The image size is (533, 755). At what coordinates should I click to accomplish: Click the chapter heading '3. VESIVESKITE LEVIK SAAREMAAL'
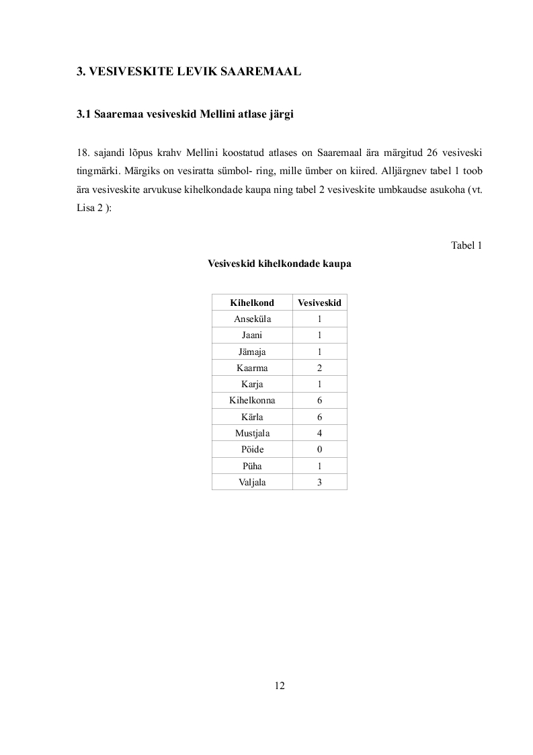(188, 71)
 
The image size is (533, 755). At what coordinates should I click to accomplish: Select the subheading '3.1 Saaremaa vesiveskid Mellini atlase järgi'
(185, 114)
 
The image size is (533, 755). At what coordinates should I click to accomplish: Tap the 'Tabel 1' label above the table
(466, 245)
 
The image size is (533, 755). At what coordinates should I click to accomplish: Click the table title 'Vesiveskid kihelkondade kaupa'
(280, 264)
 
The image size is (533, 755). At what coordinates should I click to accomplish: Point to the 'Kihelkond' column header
(252, 303)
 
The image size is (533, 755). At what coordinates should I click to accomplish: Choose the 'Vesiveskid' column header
(319, 303)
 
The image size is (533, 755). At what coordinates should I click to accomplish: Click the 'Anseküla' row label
(252, 319)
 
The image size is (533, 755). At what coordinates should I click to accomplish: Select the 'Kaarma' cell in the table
(252, 368)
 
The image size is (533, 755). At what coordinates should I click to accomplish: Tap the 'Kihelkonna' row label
(252, 401)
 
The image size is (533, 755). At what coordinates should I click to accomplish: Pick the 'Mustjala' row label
(252, 433)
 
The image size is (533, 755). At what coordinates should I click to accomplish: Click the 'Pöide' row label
(252, 449)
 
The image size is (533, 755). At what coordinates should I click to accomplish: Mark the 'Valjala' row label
(252, 482)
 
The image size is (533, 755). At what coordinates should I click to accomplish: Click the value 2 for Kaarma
(319, 368)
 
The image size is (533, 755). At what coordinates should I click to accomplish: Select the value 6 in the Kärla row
(319, 417)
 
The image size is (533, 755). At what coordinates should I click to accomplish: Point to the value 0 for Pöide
(319, 449)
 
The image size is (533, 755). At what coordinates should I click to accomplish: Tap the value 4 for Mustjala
(319, 433)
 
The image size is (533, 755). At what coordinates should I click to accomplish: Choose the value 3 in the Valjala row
(319, 482)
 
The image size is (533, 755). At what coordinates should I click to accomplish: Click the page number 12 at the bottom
(280, 686)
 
